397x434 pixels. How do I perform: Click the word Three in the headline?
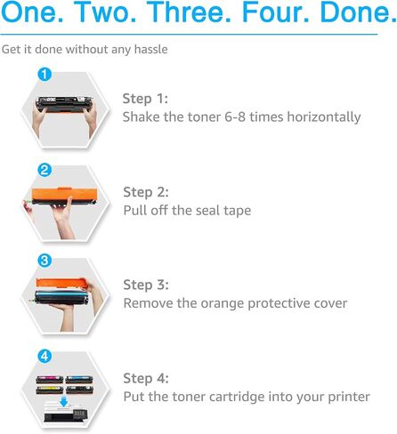(189, 12)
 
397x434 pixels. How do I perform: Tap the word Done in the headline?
(355, 12)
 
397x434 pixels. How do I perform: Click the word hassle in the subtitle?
(150, 49)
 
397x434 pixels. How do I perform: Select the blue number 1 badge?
(45, 74)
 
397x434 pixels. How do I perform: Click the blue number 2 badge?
(45, 170)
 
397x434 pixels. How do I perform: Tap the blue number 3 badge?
(45, 261)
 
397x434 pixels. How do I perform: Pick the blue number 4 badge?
(45, 356)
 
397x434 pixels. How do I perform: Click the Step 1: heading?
(145, 99)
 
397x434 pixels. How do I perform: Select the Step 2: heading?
(146, 192)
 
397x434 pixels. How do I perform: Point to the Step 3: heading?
(146, 285)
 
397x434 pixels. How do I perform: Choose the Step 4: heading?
(146, 378)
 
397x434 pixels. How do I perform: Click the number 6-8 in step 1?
(235, 117)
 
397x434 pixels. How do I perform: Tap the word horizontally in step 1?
(324, 117)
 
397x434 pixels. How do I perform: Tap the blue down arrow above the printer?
(63, 402)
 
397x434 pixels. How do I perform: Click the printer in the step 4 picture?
(66, 412)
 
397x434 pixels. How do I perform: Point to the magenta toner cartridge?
(50, 380)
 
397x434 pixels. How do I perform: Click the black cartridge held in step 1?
(64, 104)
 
